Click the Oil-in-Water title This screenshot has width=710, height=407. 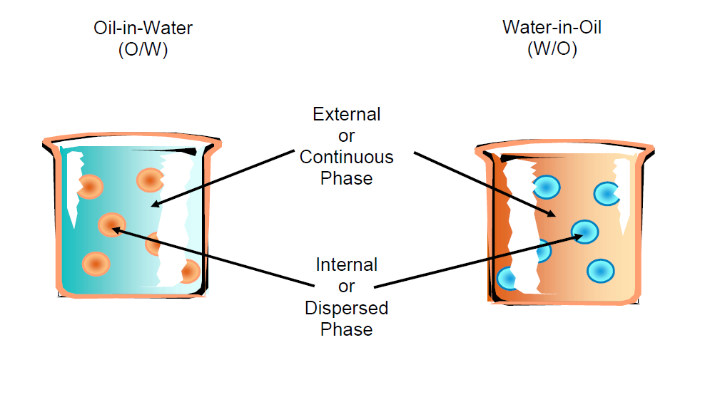coord(143,29)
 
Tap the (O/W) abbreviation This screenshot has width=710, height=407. coord(143,50)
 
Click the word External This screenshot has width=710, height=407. coord(347,114)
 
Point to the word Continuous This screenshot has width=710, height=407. coord(347,157)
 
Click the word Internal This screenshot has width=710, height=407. coord(347,265)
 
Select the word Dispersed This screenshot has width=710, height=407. coord(347,308)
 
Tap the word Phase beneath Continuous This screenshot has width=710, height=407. coord(347,178)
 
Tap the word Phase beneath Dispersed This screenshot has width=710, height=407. coord(347,329)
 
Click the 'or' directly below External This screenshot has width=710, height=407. coord(347,135)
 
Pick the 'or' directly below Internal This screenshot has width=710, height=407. coord(347,287)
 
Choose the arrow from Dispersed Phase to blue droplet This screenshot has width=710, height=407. coord(475,259)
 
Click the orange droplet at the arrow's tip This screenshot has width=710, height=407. coord(108,225)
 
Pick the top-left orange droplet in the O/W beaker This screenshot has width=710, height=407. coord(90,187)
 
